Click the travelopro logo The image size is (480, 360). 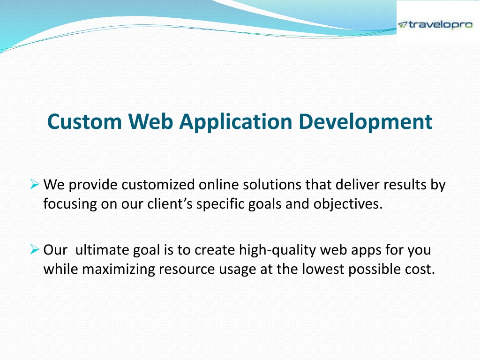[x=435, y=25]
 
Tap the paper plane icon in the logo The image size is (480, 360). [x=403, y=24]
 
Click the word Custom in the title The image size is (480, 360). [x=85, y=122]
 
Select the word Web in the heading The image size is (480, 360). [x=150, y=121]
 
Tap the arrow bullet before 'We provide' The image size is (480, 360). [x=35, y=184]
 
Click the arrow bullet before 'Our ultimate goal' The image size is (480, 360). [x=35, y=249]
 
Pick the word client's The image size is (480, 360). [x=170, y=204]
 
